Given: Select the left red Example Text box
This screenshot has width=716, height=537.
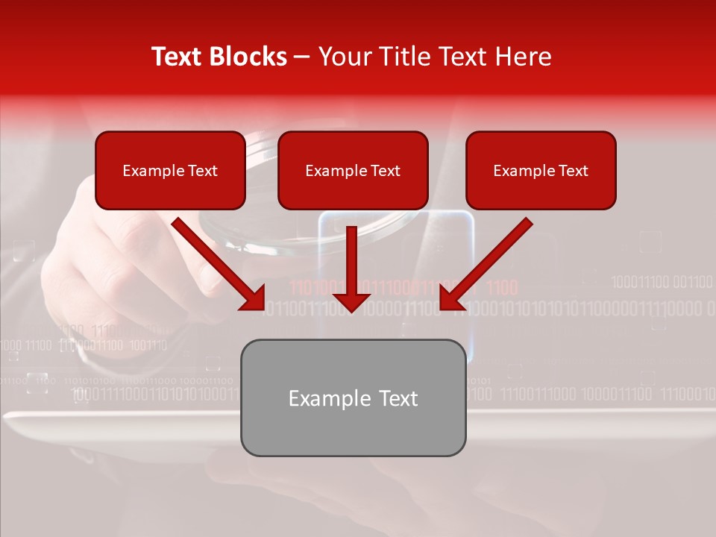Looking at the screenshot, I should pos(170,170).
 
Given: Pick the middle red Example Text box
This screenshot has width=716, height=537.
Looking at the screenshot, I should pos(353,170).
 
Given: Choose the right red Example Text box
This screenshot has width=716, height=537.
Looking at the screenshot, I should pos(541,170).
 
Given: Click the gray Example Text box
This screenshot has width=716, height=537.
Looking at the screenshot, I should pos(353,398).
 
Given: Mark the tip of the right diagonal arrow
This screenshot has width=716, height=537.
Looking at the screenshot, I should pos(442,307).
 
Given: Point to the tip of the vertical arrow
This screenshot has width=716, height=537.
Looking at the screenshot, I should pos(351,310).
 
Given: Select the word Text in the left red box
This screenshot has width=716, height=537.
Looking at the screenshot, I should pos(203,171).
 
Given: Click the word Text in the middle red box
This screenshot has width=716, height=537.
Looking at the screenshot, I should pos(386,171).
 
